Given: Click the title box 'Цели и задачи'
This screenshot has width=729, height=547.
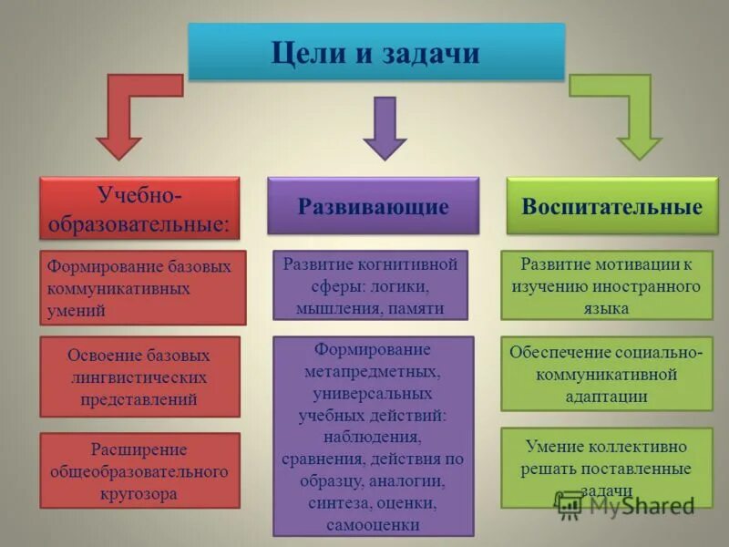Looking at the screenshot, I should coord(375,52).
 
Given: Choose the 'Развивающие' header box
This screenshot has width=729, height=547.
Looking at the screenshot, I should coord(373,206).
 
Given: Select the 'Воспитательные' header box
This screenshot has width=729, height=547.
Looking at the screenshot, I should coord(611,206).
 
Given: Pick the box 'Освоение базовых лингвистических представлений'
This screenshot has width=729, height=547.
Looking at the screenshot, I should coord(139,377).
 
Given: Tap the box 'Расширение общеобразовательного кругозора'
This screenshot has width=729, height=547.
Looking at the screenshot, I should coord(139,470).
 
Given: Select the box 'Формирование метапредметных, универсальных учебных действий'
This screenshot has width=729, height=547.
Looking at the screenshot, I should coord(373,436).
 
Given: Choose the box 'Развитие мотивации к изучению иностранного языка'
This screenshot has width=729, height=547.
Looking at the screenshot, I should coord(606,285).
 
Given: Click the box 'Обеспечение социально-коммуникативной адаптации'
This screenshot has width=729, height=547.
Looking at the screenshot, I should coord(606,374).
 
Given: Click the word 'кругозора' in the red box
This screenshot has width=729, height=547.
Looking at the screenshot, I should coord(139,493).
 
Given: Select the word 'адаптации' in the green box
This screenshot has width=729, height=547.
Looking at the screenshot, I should coord(606,396).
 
